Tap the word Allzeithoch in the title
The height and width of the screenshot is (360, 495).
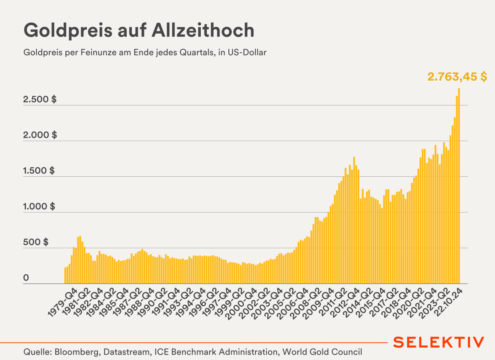[203, 30]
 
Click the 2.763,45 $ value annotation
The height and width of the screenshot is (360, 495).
[457, 77]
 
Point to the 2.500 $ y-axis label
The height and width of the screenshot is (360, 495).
[40, 99]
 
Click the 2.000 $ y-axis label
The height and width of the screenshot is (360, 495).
[40, 135]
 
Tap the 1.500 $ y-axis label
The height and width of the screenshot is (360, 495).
[39, 171]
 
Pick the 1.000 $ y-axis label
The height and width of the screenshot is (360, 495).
[39, 207]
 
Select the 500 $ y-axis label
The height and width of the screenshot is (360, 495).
[35, 242]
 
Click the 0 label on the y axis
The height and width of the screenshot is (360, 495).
[26, 278]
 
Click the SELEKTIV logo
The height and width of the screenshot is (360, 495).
[438, 342]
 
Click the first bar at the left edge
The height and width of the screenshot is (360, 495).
[65, 276]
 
